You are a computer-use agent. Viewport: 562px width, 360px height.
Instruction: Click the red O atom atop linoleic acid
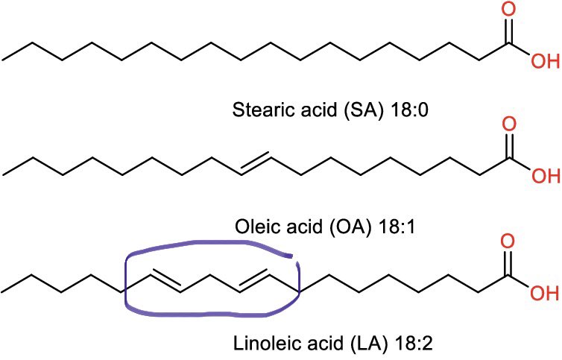[x=509, y=243]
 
